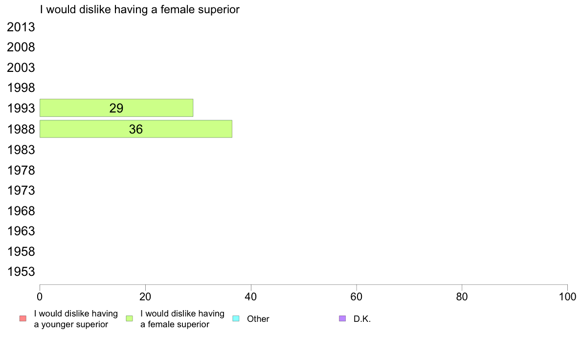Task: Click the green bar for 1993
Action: (x=116, y=108)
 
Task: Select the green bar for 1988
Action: (x=136, y=129)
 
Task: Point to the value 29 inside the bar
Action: (x=116, y=108)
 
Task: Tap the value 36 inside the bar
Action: (x=136, y=130)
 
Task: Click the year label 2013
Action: (x=21, y=27)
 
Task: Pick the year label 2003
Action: (x=21, y=68)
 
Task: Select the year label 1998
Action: (x=21, y=88)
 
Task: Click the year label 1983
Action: (x=21, y=150)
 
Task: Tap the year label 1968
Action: (x=21, y=211)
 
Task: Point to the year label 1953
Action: (x=21, y=272)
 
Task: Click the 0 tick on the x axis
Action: (x=40, y=296)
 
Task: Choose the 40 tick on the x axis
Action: (x=251, y=296)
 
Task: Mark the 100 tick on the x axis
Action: (x=567, y=296)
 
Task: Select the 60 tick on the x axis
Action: (x=357, y=296)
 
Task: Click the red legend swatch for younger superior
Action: (x=23, y=318)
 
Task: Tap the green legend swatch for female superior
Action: (x=129, y=318)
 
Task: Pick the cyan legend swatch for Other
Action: (x=236, y=318)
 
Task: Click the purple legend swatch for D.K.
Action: (x=342, y=318)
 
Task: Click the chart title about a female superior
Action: (x=140, y=10)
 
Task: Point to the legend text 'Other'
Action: (x=258, y=319)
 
